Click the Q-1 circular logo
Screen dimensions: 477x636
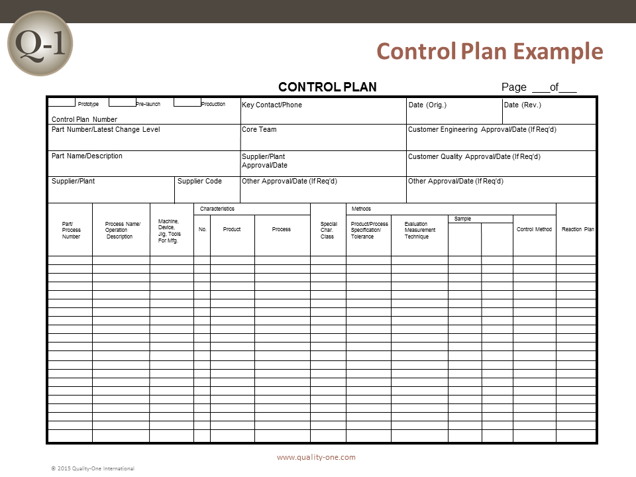[40, 43]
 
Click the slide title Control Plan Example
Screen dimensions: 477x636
[490, 51]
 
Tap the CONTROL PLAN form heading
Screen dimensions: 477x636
[327, 87]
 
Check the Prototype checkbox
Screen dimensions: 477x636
[62, 102]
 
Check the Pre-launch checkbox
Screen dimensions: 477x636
[122, 102]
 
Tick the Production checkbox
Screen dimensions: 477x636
[187, 102]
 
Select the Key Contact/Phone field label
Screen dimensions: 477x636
[272, 105]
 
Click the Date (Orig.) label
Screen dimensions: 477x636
[427, 105]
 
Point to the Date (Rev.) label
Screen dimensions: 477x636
[523, 105]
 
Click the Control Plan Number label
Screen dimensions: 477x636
[84, 119]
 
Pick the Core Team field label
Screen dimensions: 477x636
[259, 129]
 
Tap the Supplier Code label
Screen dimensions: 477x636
[199, 181]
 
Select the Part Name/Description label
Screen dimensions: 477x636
[87, 156]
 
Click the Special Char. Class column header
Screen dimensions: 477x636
[328, 230]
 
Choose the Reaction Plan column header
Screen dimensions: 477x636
[578, 229]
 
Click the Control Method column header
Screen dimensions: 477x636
[534, 229]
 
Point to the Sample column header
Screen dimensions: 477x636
[462, 219]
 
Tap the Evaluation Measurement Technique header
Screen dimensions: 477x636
[420, 230]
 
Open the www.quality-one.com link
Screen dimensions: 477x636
[316, 457]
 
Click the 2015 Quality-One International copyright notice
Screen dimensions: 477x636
[93, 468]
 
